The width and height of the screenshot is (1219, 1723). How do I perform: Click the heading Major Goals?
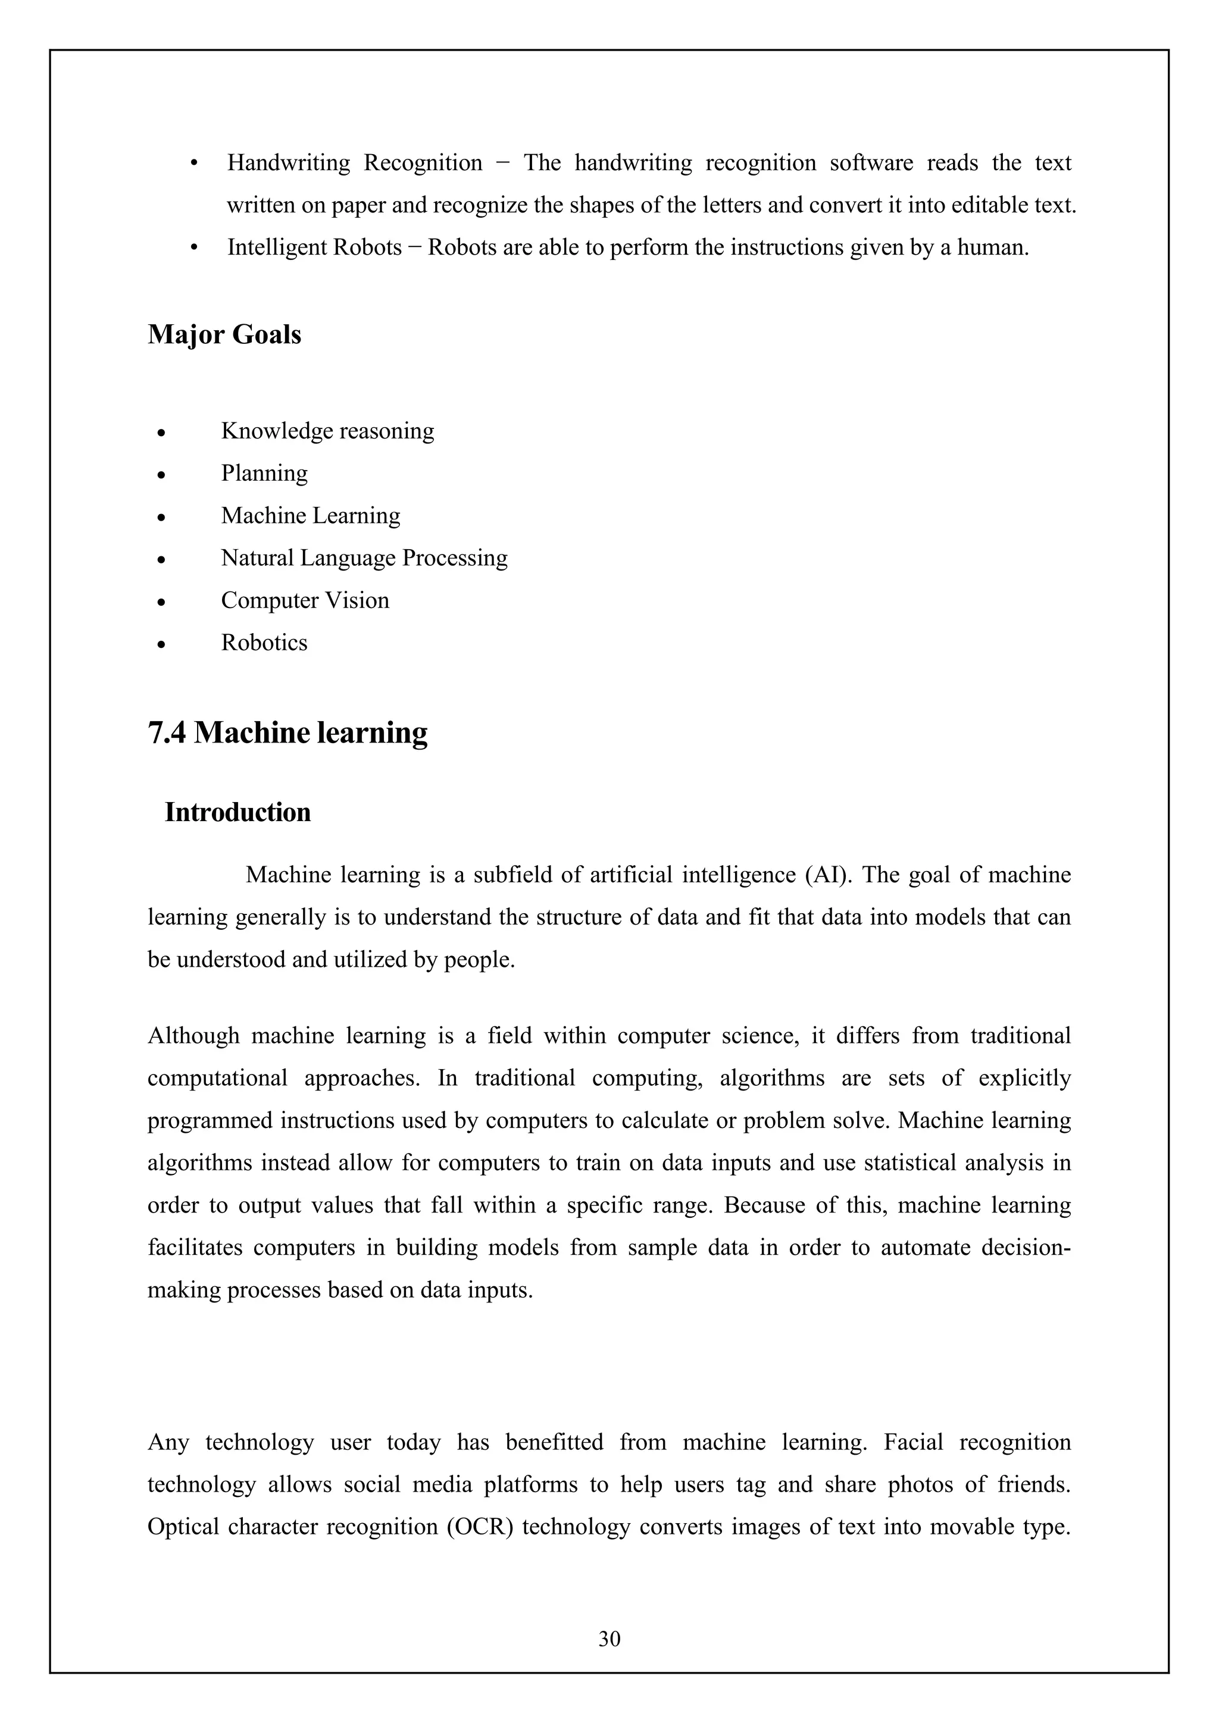(224, 334)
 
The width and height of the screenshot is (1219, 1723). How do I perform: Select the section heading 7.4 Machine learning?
(287, 732)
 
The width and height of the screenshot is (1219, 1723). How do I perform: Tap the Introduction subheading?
(237, 812)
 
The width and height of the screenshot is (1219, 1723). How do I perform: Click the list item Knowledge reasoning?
(327, 431)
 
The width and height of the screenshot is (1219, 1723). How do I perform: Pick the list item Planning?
(264, 473)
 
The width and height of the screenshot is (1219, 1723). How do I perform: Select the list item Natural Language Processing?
(364, 557)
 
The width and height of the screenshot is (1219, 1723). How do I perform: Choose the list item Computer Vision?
(305, 600)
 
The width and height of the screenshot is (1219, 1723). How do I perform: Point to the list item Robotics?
(264, 643)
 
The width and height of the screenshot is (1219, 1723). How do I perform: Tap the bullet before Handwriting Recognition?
(195, 164)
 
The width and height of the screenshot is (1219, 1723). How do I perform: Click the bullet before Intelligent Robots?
(195, 248)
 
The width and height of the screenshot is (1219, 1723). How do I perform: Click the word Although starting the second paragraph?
(193, 1036)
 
